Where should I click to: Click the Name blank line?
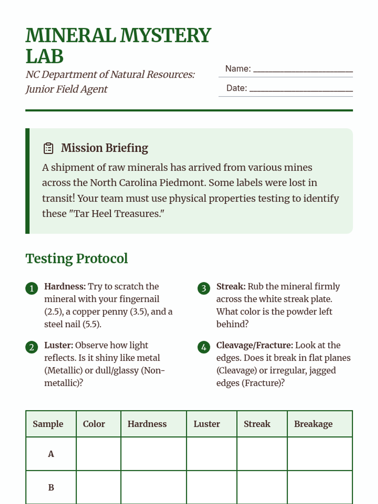tap(303, 70)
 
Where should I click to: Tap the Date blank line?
tap(301, 89)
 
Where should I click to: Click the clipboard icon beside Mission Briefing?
tap(48, 148)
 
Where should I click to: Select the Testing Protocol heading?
tap(77, 259)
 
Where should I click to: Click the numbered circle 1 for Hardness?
tap(31, 288)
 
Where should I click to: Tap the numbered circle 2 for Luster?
tap(31, 347)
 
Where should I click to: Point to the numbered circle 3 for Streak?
tap(204, 288)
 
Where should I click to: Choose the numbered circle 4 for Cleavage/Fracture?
tap(204, 347)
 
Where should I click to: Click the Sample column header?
tap(48, 424)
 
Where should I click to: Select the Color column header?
tap(94, 424)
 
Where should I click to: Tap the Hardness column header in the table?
tap(147, 424)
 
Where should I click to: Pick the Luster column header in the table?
tap(207, 424)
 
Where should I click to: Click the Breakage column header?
tap(313, 424)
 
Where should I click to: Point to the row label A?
tap(51, 454)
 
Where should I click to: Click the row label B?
tap(51, 487)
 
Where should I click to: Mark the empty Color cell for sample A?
tap(98, 454)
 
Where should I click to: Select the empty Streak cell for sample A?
tap(262, 454)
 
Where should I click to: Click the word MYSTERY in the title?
tap(166, 35)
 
